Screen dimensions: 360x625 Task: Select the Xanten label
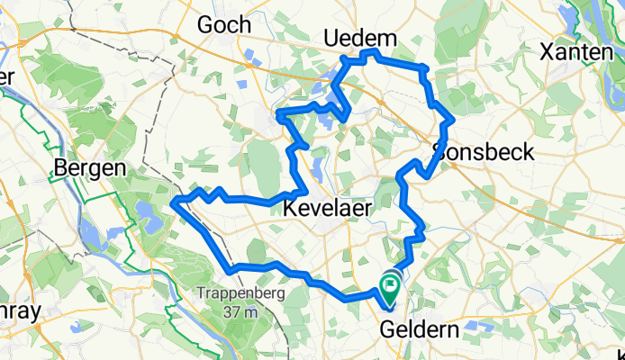(576, 53)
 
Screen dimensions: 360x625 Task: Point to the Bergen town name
(87, 167)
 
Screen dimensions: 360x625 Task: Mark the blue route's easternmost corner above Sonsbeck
(453, 119)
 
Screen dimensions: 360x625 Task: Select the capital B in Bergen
(61, 167)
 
